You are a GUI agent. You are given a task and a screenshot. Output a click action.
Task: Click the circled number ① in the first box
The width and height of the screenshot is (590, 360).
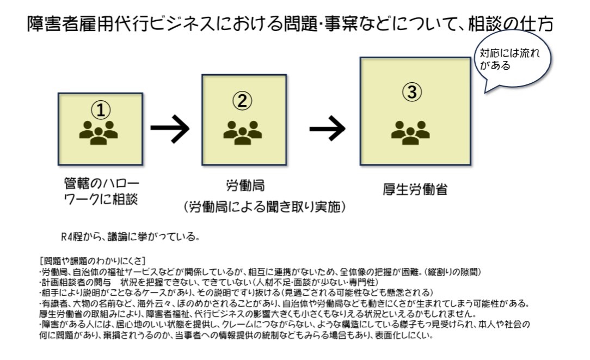pyautogui.click(x=101, y=110)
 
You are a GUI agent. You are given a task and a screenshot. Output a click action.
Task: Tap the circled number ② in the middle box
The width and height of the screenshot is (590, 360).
pyautogui.click(x=242, y=101)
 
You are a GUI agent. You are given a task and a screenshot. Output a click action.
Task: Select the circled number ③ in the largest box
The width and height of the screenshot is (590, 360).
pyautogui.click(x=412, y=92)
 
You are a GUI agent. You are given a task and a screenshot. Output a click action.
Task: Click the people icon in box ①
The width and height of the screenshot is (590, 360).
pyautogui.click(x=99, y=132)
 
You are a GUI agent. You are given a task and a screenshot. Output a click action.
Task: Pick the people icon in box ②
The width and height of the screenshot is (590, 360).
pyautogui.click(x=243, y=132)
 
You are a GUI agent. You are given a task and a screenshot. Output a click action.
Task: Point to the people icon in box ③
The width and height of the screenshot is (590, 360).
pyautogui.click(x=410, y=132)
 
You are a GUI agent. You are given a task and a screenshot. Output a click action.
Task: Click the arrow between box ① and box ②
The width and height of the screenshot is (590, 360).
pyautogui.click(x=170, y=129)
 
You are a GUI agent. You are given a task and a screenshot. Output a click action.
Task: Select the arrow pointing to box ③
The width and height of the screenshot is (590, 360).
pyautogui.click(x=327, y=129)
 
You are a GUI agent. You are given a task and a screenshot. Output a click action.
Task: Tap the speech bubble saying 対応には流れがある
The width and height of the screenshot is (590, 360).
pyautogui.click(x=512, y=60)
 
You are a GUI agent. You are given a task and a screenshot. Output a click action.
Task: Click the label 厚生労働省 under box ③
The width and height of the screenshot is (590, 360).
pyautogui.click(x=415, y=190)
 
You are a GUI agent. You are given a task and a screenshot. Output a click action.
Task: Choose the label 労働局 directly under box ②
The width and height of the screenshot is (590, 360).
pyautogui.click(x=245, y=186)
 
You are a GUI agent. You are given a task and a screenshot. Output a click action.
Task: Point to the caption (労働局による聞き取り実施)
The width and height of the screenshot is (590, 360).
pyautogui.click(x=265, y=207)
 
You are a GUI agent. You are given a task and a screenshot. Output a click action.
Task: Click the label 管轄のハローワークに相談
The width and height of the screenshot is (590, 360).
pyautogui.click(x=101, y=191)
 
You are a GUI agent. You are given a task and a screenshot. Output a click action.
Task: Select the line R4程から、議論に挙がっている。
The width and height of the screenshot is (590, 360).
pyautogui.click(x=130, y=237)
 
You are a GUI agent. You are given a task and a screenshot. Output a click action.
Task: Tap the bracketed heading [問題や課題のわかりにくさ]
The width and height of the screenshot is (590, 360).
pyautogui.click(x=92, y=260)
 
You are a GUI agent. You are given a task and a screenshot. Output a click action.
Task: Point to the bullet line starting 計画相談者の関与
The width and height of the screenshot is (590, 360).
pyautogui.click(x=209, y=282)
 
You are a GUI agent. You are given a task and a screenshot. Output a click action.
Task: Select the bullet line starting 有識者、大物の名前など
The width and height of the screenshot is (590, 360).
pyautogui.click(x=285, y=303)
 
